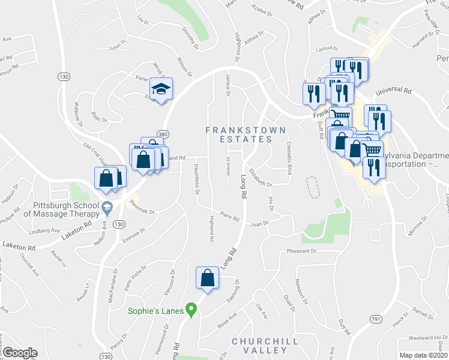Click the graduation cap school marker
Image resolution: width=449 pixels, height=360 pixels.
[x=160, y=89]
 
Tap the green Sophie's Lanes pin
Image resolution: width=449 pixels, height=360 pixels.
[x=191, y=311]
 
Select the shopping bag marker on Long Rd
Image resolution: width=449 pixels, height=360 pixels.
[x=207, y=278]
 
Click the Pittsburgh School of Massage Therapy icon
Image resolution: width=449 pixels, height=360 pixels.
[x=107, y=208]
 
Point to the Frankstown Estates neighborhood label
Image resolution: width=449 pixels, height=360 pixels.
[x=246, y=134]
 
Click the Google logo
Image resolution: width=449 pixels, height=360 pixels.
[x=20, y=353]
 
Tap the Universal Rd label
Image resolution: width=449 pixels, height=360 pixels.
[x=393, y=92]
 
